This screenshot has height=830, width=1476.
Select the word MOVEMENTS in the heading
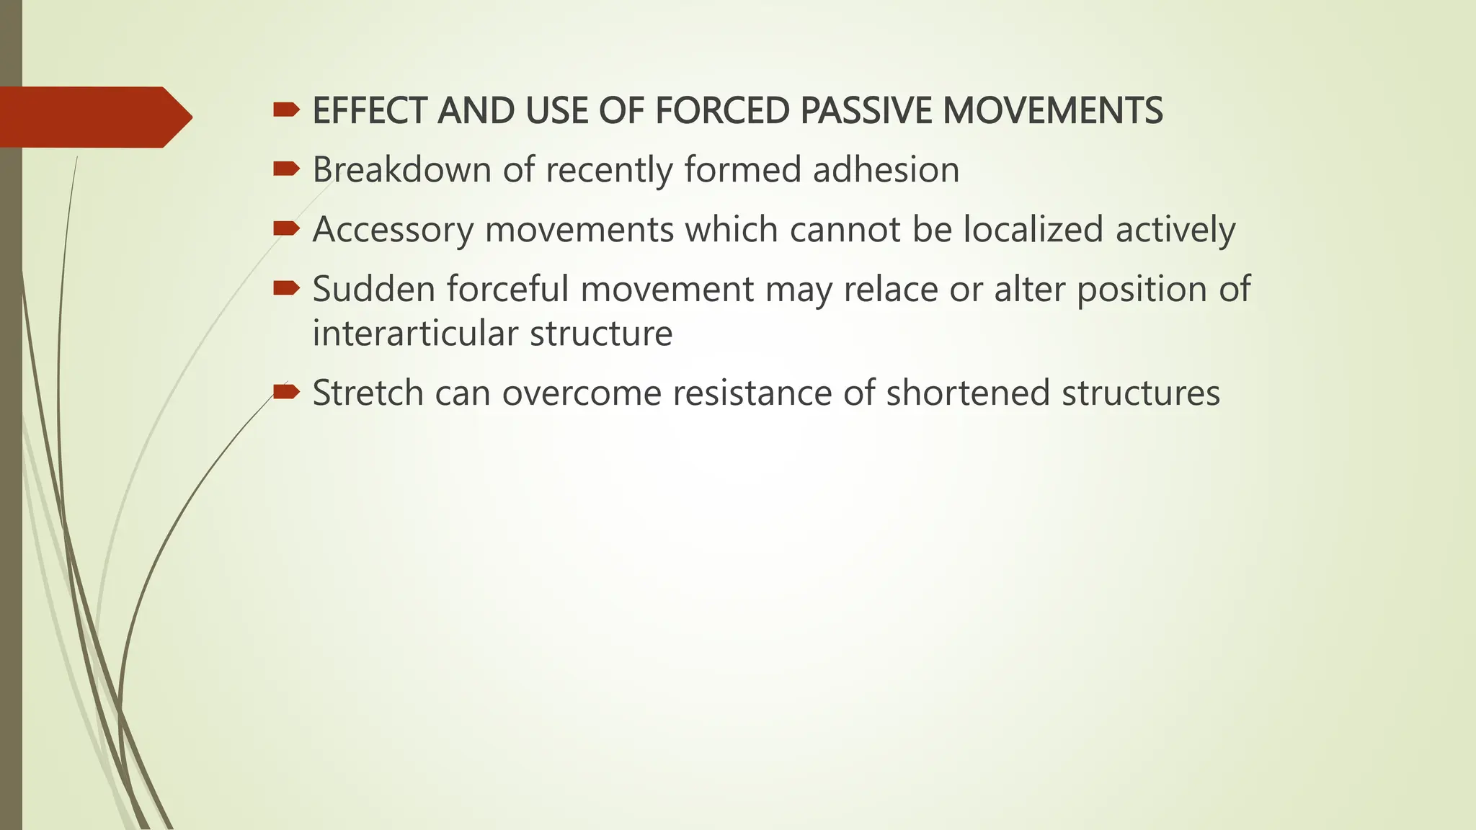tap(1052, 111)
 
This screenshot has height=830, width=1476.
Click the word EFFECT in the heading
tap(371, 111)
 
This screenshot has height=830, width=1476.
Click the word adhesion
tap(886, 170)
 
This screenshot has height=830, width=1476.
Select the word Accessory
tap(393, 230)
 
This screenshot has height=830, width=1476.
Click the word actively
tap(1175, 230)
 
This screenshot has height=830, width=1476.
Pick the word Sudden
tap(373, 289)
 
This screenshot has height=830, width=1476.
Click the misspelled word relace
tap(891, 289)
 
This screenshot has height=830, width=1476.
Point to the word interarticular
tap(414, 334)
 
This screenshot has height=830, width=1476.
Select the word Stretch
tap(368, 393)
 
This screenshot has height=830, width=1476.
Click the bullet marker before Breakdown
tap(286, 169)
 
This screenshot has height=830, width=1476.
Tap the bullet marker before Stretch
tap(286, 392)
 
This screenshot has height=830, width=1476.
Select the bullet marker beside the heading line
tap(286, 110)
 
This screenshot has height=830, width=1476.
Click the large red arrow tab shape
tap(94, 117)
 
